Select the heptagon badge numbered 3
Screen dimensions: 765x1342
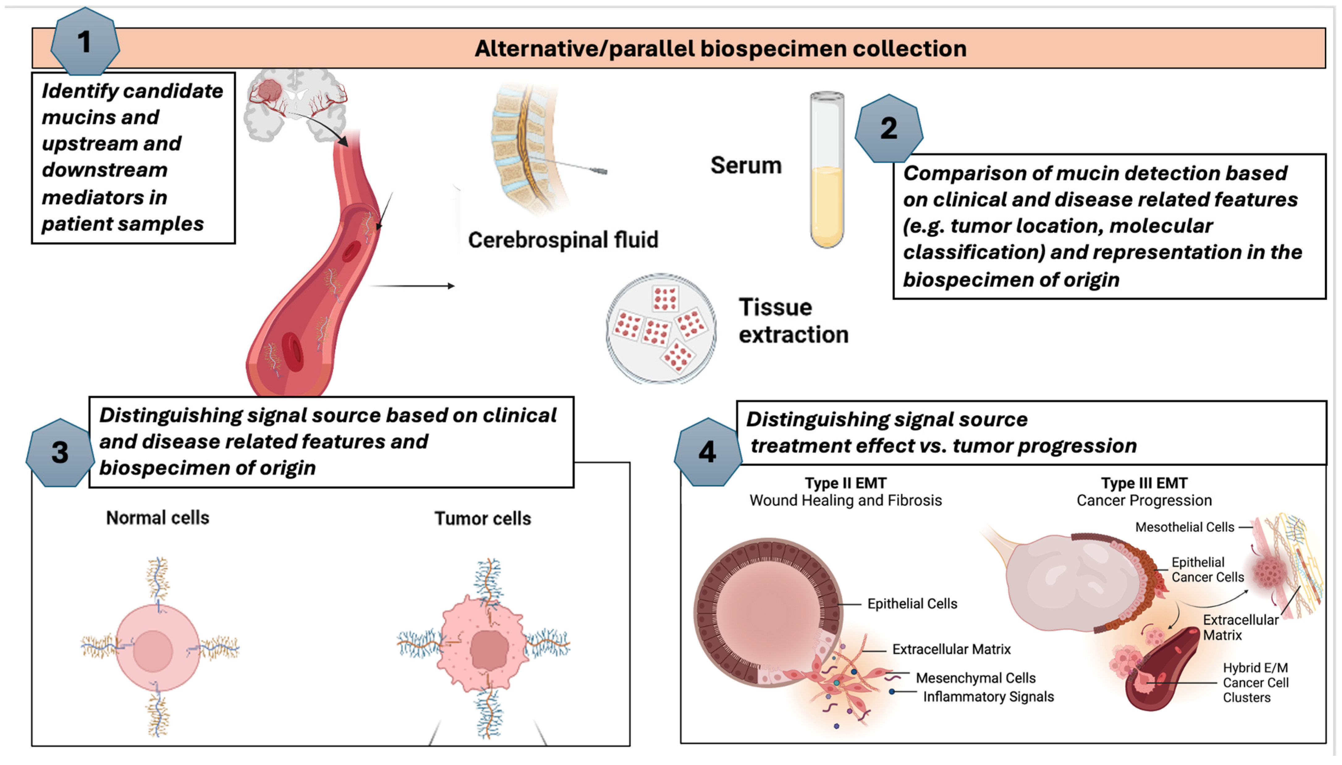click(59, 452)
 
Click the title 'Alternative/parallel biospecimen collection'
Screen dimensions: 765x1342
click(720, 49)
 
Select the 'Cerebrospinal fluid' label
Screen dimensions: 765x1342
click(562, 240)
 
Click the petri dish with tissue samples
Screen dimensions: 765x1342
click(661, 328)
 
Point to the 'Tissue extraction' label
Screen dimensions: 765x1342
click(793, 321)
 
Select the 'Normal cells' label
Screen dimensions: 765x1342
click(158, 518)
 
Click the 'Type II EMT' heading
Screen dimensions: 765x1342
click(845, 483)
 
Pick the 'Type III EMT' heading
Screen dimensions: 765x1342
click(1144, 483)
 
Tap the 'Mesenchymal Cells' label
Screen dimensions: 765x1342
click(975, 678)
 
